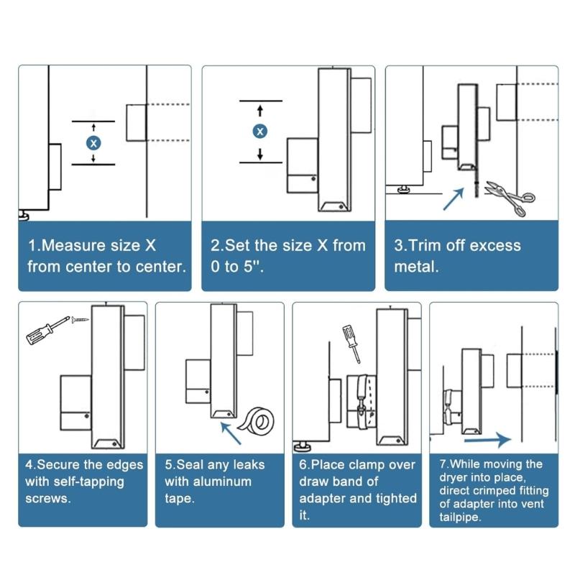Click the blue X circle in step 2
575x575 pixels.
point(260,131)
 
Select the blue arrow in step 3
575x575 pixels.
point(452,198)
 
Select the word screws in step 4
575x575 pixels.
point(48,497)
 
